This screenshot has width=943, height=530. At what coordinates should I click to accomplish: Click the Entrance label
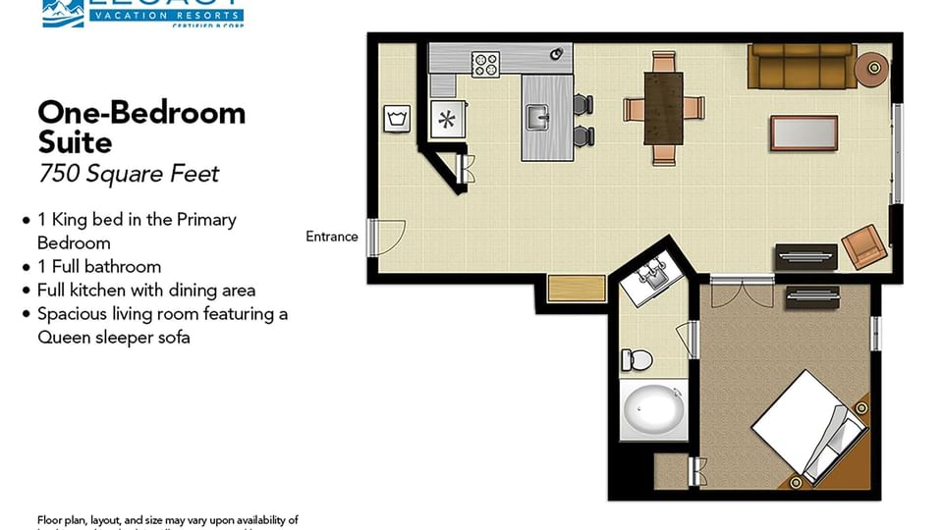(332, 237)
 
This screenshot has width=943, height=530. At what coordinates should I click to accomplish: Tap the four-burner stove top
(485, 65)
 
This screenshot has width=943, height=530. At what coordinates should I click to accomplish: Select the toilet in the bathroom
(637, 360)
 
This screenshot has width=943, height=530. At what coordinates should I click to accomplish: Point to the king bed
(809, 428)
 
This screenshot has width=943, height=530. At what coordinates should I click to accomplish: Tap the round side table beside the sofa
(871, 68)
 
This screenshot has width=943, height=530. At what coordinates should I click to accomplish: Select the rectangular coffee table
(804, 132)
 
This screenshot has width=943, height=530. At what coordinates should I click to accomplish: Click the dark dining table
(663, 108)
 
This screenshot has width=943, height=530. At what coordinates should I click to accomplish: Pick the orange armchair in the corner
(863, 246)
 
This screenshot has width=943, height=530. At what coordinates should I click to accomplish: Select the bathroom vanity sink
(651, 279)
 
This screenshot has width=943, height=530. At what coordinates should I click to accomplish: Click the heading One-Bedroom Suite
(141, 128)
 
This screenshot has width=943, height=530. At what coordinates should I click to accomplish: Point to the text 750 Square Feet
(129, 175)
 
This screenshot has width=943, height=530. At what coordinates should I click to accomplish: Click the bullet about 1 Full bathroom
(98, 266)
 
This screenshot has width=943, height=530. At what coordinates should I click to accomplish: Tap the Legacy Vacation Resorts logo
(142, 13)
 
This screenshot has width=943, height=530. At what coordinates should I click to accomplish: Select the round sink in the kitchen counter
(556, 53)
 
